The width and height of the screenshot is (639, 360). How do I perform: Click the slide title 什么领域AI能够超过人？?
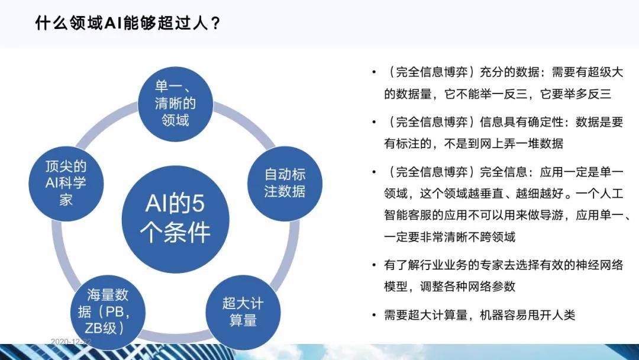pyautogui.click(x=128, y=23)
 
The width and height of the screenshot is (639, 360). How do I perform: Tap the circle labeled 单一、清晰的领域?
pyautogui.click(x=175, y=103)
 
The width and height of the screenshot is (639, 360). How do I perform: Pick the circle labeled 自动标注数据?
pyautogui.click(x=285, y=183)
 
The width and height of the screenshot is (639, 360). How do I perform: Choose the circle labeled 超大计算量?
pyautogui.click(x=243, y=312)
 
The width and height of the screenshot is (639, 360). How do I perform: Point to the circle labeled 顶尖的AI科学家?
pyautogui.click(x=66, y=183)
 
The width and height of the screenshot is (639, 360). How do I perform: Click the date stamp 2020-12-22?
pyautogui.click(x=71, y=342)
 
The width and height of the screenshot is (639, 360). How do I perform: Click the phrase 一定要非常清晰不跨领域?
pyautogui.click(x=450, y=236)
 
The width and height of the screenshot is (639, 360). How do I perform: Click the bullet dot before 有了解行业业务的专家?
pyautogui.click(x=374, y=265)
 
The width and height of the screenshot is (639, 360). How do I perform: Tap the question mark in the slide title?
pyautogui.click(x=216, y=23)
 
